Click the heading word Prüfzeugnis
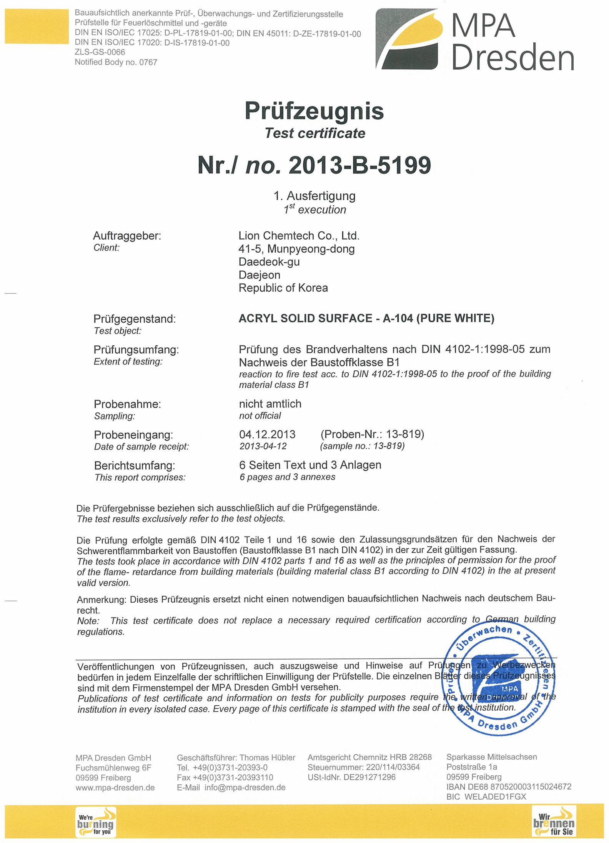coord(314,111)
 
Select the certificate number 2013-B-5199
coord(359,165)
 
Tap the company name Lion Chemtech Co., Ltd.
coord(299,235)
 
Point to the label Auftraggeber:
coord(127,236)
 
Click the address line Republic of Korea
coord(283,288)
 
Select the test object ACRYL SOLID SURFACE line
coord(366,318)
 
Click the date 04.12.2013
coord(267,434)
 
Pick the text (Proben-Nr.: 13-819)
coord(372,434)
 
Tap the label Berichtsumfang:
coord(135,465)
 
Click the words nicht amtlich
coord(270,404)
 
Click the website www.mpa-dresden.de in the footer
coord(115,788)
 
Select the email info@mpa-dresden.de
coord(245,788)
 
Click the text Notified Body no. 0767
coord(116,62)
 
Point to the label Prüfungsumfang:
coord(136,350)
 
